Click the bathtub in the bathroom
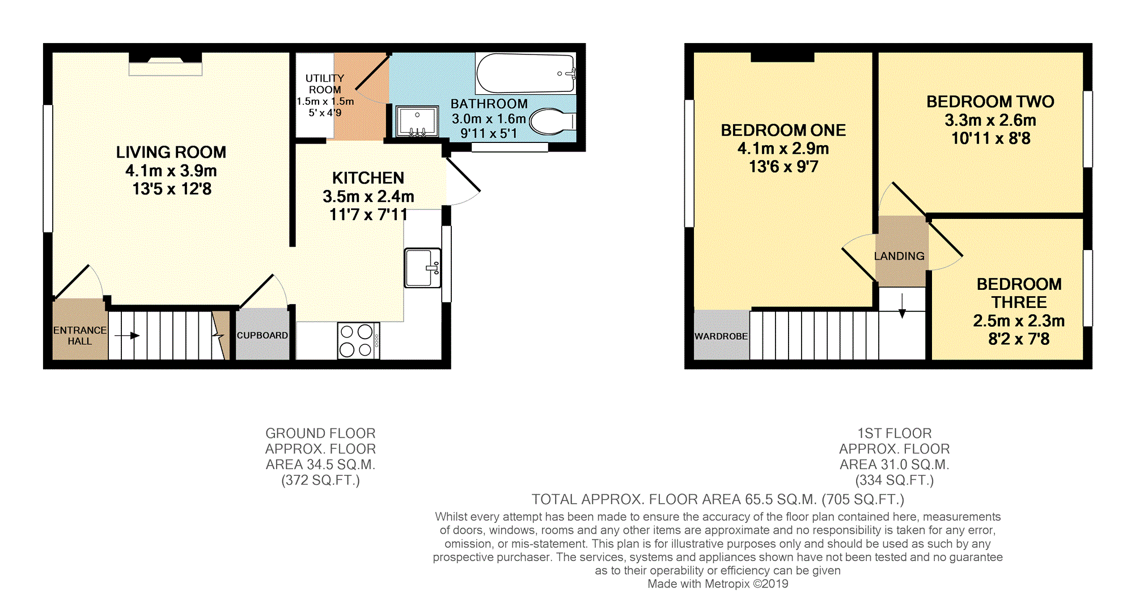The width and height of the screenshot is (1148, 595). coord(526,73)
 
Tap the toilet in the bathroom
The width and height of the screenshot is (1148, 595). coord(553,121)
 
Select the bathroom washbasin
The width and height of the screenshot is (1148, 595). coord(417,121)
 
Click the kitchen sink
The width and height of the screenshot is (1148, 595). coord(423,267)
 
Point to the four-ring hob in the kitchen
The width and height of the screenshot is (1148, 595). coord(358,340)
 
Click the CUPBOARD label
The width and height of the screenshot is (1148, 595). coord(262,335)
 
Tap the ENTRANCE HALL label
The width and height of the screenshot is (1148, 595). coord(80,335)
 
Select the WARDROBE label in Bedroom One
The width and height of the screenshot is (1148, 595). coord(721,336)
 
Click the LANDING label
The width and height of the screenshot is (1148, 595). coord(899,256)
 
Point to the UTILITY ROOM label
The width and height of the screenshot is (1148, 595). coord(325,84)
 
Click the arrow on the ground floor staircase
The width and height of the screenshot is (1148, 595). coord(127,336)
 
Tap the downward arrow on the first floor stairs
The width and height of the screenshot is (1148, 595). coord(902,306)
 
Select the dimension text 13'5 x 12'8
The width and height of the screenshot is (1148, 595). coord(172,189)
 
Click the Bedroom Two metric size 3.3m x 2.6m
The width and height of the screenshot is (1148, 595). coord(990,120)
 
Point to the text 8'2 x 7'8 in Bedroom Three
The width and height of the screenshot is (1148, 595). coord(1019,339)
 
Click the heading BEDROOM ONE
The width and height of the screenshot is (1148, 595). coord(783,130)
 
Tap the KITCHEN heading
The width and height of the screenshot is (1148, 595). coord(368,178)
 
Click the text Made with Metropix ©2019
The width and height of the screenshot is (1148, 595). coord(718,584)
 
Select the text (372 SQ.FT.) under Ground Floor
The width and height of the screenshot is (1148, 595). coord(320,480)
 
